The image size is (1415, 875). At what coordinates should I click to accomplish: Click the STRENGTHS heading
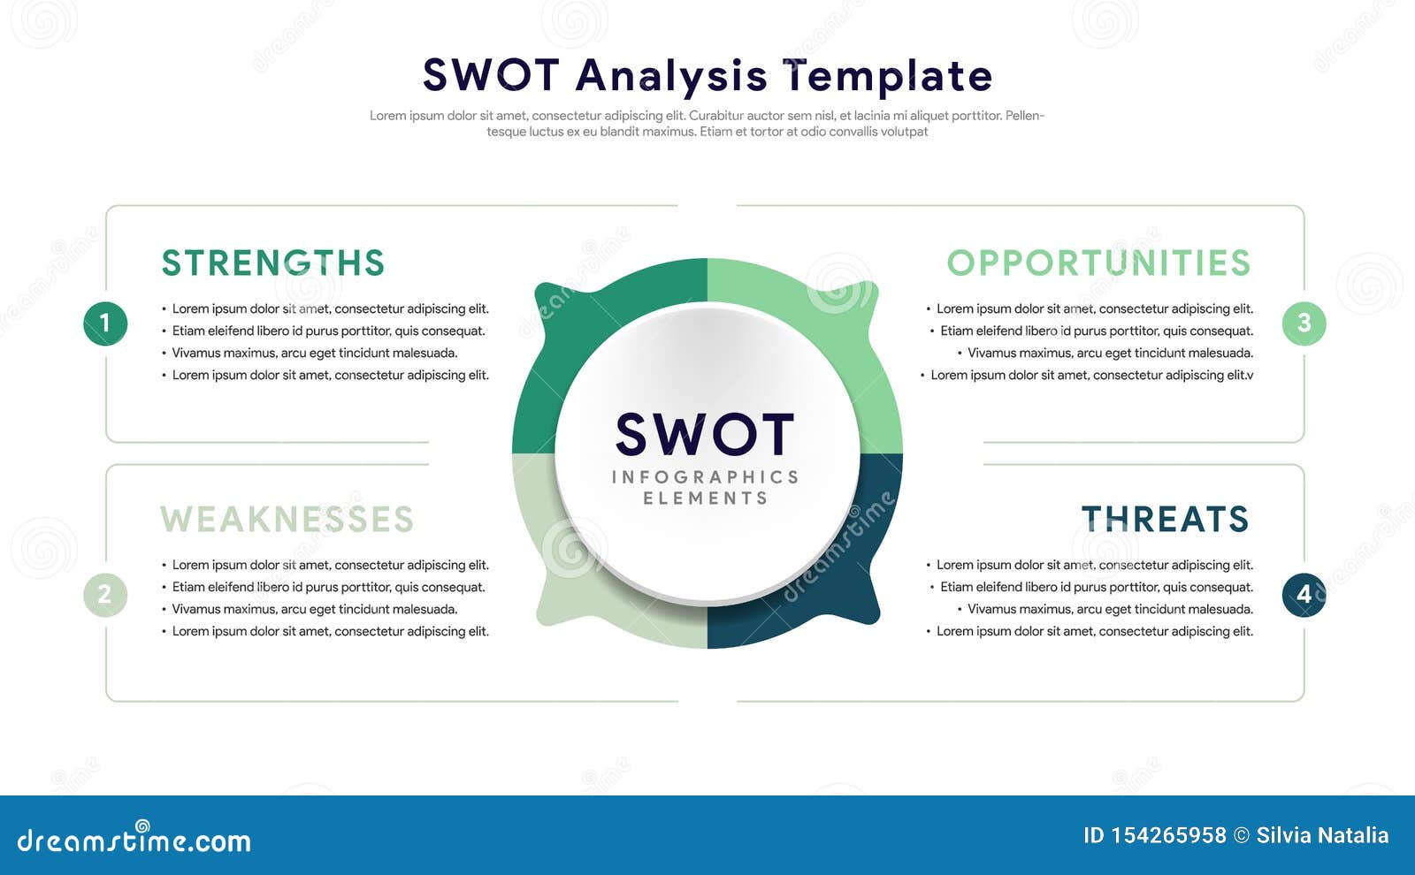273,262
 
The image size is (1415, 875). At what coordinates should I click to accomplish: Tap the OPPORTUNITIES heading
1098,262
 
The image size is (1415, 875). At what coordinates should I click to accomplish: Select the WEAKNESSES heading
287,519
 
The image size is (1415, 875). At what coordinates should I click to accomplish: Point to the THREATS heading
1166,519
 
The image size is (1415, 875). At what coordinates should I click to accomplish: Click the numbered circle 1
105,323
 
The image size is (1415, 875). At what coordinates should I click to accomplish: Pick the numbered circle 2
105,595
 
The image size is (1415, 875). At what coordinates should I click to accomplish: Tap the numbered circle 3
1304,323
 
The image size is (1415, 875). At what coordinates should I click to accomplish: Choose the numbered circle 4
1304,595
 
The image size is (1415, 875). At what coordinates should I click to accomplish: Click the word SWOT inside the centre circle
705,434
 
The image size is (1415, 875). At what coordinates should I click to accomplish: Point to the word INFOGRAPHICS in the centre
705,476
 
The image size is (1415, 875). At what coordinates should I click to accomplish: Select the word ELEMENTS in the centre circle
705,498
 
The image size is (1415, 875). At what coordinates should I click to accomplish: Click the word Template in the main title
888,77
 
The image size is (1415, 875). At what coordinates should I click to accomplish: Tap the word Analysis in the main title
671,77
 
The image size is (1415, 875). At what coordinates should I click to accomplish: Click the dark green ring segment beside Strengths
556,341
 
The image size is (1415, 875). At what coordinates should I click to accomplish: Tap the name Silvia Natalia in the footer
1322,835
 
